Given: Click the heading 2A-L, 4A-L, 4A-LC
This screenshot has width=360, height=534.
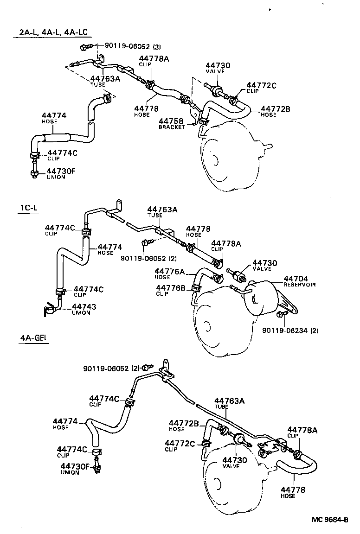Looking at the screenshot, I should pos(53,32).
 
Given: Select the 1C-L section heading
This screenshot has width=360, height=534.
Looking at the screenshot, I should pos(28,208).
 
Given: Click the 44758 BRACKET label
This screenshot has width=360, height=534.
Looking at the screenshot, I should pos(172,123).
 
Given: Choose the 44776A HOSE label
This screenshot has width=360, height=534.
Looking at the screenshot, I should pos(169,273).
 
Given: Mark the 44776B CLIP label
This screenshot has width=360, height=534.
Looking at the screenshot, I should pos(170,290).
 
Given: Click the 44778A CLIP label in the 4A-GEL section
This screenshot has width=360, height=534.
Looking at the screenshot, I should pos(302,432).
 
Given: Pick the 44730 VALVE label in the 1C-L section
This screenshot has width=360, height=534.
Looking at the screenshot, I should pos(264,266).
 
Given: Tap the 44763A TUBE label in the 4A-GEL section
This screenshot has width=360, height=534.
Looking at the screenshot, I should pos(229,403).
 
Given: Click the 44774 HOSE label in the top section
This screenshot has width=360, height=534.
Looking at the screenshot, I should pos(54,118).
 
